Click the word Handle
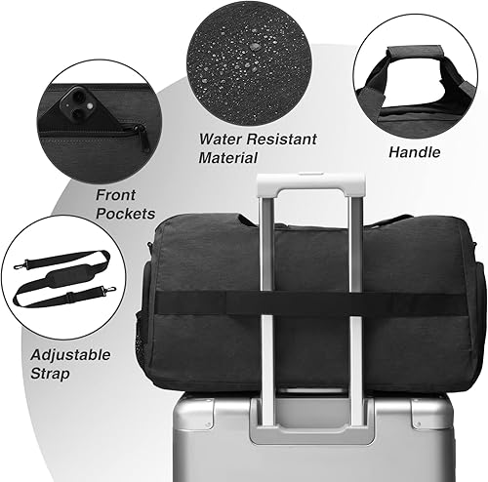415,152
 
